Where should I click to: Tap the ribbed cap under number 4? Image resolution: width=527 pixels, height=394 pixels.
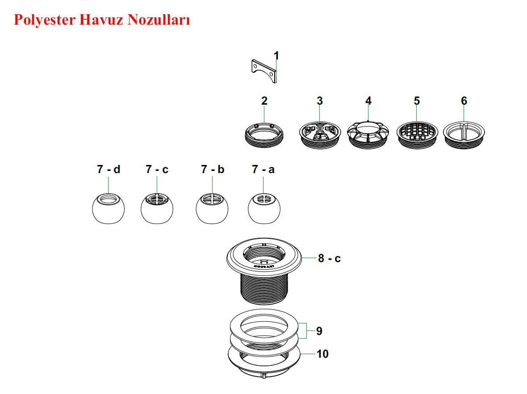point(368,134)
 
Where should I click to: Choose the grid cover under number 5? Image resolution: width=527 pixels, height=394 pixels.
point(416,133)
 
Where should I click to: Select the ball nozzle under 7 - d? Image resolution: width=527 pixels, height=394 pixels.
point(108,208)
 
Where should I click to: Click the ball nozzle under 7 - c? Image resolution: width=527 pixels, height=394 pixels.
point(157,208)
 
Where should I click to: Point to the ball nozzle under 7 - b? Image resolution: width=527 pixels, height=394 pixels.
point(212,208)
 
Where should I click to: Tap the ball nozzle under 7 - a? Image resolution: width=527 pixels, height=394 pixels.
point(263,208)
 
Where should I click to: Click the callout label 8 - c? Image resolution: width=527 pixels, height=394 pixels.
point(329,258)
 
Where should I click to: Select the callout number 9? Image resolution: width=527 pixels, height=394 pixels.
point(319,331)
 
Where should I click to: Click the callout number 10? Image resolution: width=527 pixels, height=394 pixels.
point(322,354)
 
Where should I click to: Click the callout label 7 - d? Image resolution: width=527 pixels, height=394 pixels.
point(109,169)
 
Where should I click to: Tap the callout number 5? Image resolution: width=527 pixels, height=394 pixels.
point(416,101)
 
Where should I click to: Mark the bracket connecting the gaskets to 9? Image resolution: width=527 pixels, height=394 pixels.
point(307,331)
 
